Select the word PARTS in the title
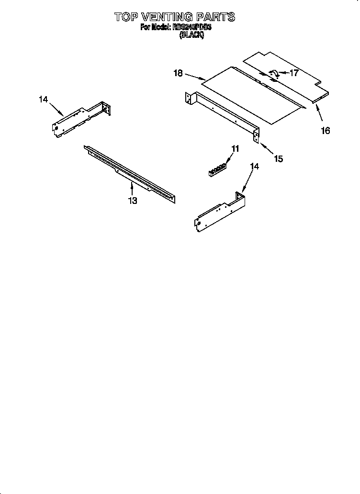(218, 17)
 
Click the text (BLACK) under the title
(191, 35)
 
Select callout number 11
(235, 149)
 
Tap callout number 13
(133, 201)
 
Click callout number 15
(278, 158)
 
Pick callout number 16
(325, 130)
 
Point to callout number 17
(294, 73)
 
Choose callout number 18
(178, 73)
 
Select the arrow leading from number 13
(132, 188)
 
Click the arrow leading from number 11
(229, 158)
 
